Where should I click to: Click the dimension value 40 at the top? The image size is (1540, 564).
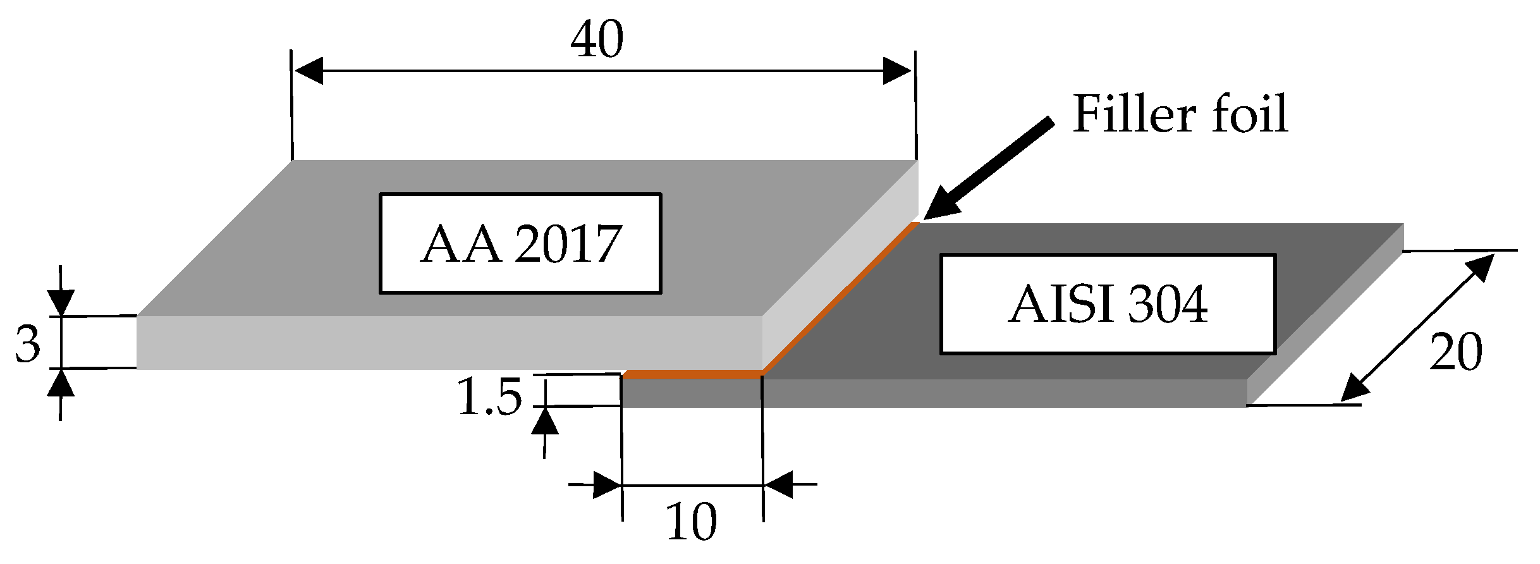[x=597, y=39]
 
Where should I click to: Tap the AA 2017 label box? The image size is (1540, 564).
[x=520, y=243]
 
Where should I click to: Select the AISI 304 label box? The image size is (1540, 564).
[x=1108, y=304]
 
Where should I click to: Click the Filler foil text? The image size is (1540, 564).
[x=1180, y=114]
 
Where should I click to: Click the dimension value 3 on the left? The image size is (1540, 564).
[x=27, y=345]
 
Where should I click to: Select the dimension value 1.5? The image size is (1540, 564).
[x=490, y=397]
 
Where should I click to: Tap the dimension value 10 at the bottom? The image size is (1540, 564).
[x=692, y=522]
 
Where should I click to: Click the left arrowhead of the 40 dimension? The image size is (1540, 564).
[x=309, y=70]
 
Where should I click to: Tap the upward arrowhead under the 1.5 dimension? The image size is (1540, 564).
[x=544, y=421]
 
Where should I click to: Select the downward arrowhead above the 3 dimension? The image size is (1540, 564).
[x=60, y=302]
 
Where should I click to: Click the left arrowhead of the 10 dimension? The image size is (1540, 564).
[x=607, y=486]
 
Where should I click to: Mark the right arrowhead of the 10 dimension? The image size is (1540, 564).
[x=778, y=485]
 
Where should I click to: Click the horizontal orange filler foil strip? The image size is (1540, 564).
[x=692, y=375]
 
